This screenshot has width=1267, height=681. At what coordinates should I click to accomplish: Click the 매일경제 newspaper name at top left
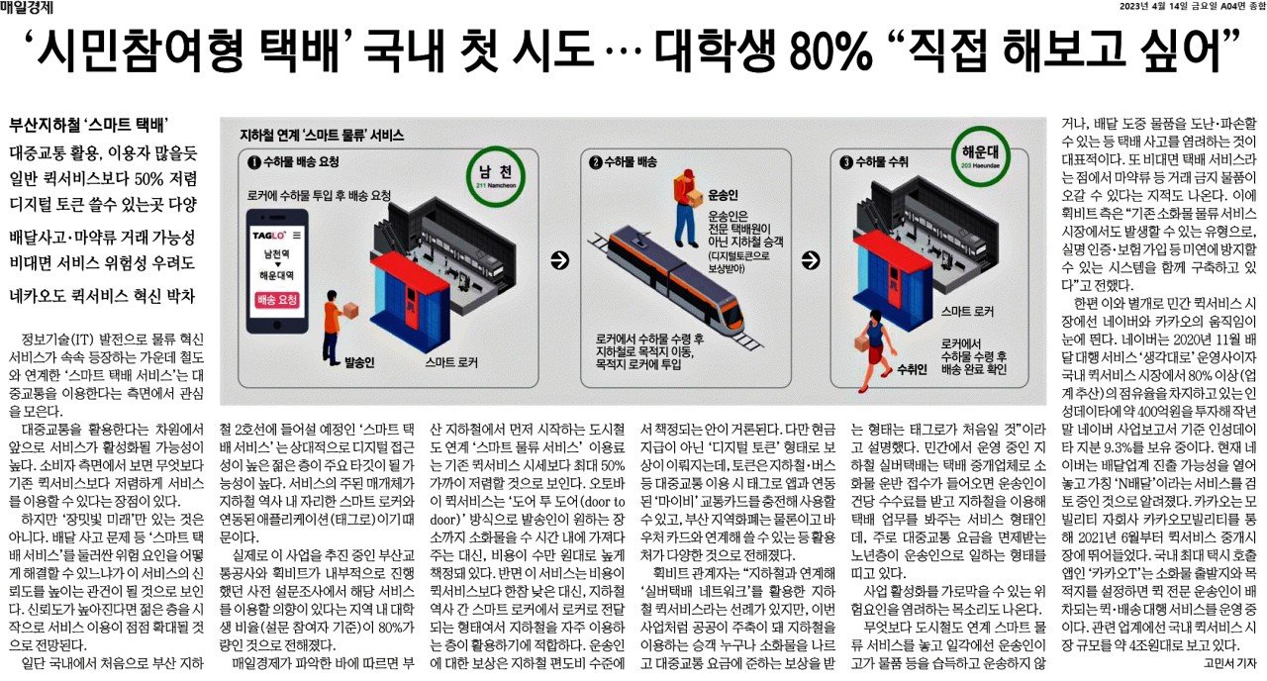pyautogui.click(x=27, y=7)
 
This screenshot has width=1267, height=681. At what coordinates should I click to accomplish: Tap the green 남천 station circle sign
pyautogui.click(x=496, y=175)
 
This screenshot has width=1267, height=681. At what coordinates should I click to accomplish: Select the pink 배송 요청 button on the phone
pyautogui.click(x=276, y=300)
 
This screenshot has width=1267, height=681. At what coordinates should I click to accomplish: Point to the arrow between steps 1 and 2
pyautogui.click(x=559, y=260)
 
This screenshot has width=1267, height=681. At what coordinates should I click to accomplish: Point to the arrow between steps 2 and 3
pyautogui.click(x=811, y=260)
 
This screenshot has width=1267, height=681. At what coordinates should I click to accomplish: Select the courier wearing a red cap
pyautogui.click(x=687, y=208)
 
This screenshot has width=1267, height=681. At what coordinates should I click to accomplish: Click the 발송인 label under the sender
pyautogui.click(x=359, y=362)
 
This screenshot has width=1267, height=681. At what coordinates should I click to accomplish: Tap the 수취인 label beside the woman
pyautogui.click(x=912, y=370)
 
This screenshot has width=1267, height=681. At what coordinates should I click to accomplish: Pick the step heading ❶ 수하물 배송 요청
pyautogui.click(x=294, y=162)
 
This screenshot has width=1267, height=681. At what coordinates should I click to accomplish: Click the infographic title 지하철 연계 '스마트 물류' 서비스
pyautogui.click(x=322, y=136)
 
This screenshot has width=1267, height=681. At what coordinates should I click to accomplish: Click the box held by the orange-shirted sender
pyautogui.click(x=350, y=310)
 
